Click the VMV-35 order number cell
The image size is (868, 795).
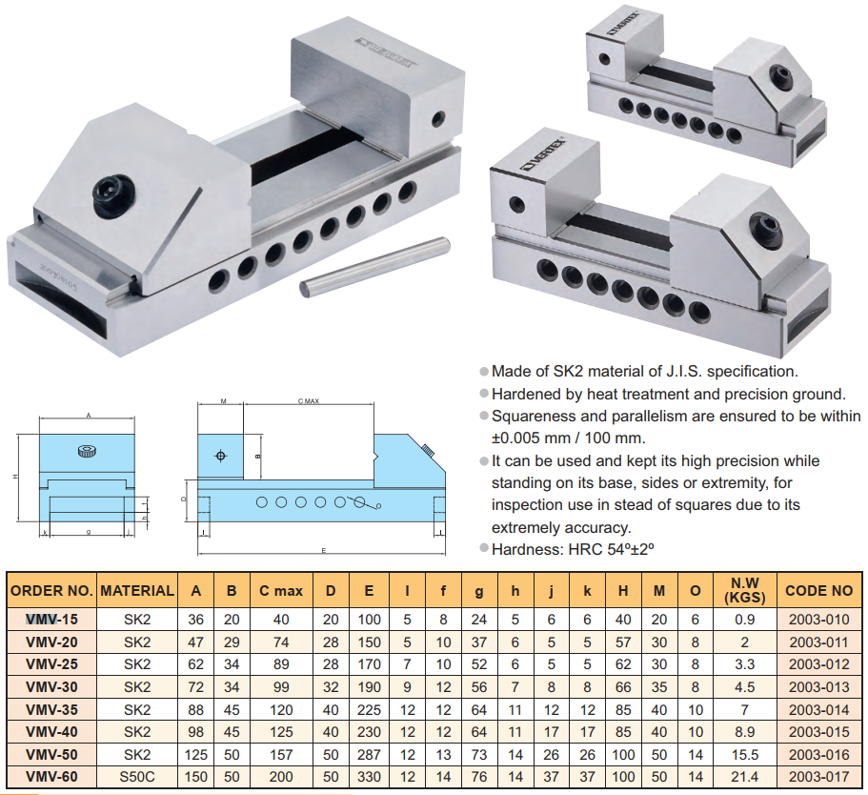pos(51,709)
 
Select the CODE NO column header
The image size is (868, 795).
pos(818,590)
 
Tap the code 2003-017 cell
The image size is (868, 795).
pos(818,778)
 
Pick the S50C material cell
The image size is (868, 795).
pos(137,778)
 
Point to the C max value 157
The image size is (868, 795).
pos(281,755)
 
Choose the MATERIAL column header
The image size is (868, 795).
pos(137,590)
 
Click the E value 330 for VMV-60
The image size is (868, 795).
pos(369,778)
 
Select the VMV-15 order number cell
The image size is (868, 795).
pos(51,618)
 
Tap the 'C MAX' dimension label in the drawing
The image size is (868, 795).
pos(308,402)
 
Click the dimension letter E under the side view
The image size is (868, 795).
pos(323,551)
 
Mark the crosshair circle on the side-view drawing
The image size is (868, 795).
pos(222,456)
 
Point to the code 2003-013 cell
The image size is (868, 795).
pos(818,686)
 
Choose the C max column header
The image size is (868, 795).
pos(281,590)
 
